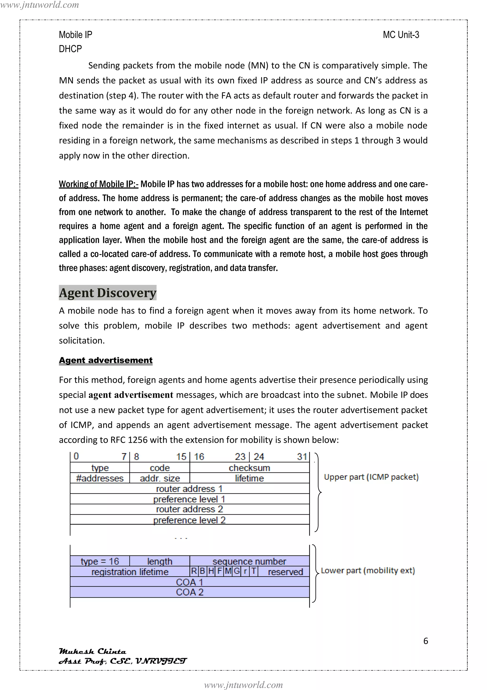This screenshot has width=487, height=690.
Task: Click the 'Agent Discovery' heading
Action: (107, 293)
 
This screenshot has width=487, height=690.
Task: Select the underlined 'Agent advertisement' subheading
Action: (106, 360)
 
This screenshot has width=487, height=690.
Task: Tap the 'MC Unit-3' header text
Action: (401, 35)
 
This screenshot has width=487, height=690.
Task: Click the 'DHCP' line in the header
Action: (70, 49)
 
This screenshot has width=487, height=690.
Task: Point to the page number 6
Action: (425, 641)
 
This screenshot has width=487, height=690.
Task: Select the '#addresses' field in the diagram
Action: (100, 478)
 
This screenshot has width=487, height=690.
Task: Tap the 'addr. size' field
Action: (160, 478)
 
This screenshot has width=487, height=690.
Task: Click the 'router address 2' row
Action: (189, 509)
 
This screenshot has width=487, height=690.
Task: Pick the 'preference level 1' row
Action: (189, 499)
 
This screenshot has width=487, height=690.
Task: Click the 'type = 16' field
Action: (100, 561)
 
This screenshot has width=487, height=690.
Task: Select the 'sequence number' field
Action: (249, 561)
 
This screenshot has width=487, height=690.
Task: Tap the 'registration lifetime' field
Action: (130, 572)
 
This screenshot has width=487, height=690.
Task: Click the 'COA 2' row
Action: (189, 592)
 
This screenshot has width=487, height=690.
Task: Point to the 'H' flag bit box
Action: (211, 571)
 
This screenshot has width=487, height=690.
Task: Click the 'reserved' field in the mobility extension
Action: (285, 572)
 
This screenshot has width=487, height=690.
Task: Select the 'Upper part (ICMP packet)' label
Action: (371, 477)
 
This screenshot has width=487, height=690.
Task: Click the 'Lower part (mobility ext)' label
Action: (368, 570)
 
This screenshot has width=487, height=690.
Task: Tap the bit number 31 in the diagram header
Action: (302, 457)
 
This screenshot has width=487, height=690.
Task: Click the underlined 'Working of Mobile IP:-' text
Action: (98, 184)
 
